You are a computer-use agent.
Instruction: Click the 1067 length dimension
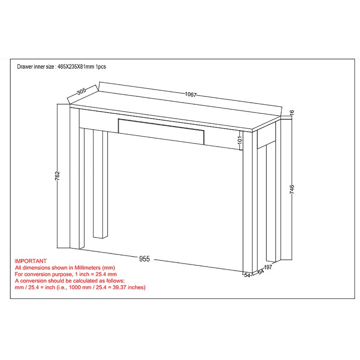(x=190, y=94)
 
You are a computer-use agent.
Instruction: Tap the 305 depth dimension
(x=81, y=91)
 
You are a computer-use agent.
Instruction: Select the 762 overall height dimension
(x=58, y=175)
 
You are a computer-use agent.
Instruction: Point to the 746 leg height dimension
(x=292, y=189)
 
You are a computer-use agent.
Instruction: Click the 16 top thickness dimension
(x=292, y=112)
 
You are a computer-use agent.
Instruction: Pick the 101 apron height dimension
(x=240, y=139)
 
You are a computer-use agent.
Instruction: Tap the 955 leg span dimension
(x=144, y=259)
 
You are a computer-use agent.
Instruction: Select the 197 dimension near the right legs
(x=268, y=267)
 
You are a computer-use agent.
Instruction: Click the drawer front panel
(x=161, y=131)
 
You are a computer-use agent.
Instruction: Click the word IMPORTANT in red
(x=31, y=261)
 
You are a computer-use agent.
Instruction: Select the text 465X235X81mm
(x=76, y=67)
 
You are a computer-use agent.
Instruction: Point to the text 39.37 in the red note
(x=119, y=287)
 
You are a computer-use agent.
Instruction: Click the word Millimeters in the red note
(x=87, y=268)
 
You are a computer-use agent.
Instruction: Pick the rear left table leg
(x=100, y=184)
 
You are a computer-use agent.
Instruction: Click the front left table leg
(x=77, y=178)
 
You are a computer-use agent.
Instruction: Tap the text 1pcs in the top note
(x=100, y=67)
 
